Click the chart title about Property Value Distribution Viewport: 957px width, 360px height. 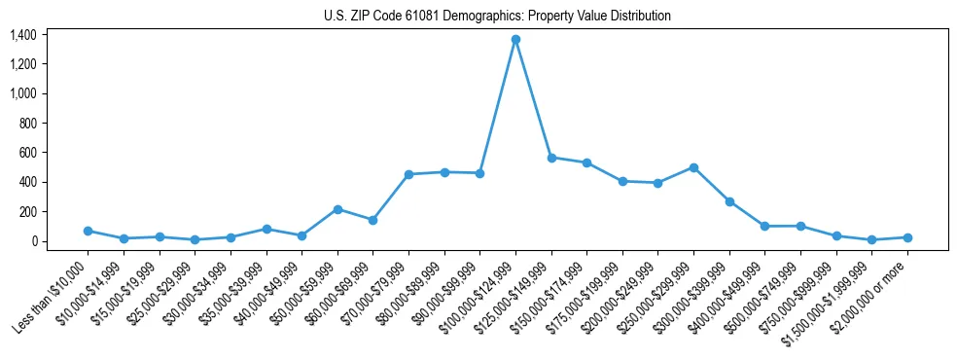coord(497,17)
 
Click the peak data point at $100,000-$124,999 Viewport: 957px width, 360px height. coord(515,39)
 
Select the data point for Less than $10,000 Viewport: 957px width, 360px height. coord(88,231)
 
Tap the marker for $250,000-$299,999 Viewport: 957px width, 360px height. coord(693,167)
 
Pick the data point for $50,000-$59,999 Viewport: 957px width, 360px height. coord(337,209)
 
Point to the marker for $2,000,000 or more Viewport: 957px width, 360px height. coord(907,237)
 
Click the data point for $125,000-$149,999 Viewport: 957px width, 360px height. coord(551,158)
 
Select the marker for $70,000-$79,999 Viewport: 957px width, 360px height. coord(408,174)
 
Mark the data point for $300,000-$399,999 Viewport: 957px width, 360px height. coord(729,201)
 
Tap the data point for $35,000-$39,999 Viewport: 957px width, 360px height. coord(266,229)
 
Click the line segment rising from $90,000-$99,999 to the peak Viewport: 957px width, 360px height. coord(498,106)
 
